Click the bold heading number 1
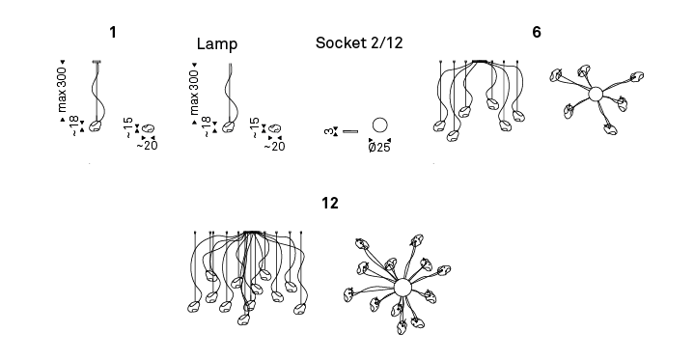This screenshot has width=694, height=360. tap(113, 32)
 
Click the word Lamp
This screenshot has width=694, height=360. tap(217, 43)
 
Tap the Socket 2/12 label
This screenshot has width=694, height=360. tap(359, 43)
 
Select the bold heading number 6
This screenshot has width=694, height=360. tap(537, 32)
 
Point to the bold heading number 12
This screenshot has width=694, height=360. tap(330, 203)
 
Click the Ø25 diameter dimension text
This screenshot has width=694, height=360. tap(379, 148)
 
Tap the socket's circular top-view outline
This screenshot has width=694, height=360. tap(379, 118)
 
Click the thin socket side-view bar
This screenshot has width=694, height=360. tap(350, 131)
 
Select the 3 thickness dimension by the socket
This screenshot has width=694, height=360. tap(328, 131)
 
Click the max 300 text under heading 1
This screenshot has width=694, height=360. tap(62, 90)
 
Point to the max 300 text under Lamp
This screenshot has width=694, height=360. tap(194, 92)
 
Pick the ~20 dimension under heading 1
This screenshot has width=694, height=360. tap(148, 146)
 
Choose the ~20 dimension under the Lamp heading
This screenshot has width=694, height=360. tap(274, 147)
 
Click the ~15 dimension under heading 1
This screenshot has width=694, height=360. tap(128, 127)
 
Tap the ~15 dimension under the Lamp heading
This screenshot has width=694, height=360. tap(254, 127)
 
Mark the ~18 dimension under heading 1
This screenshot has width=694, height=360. tap(74, 126)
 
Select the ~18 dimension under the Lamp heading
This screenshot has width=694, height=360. tap(207, 126)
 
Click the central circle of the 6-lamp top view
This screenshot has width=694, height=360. tap(596, 94)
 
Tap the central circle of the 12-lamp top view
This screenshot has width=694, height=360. tap(403, 288)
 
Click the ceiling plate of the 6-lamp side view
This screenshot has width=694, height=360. tap(480, 62)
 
